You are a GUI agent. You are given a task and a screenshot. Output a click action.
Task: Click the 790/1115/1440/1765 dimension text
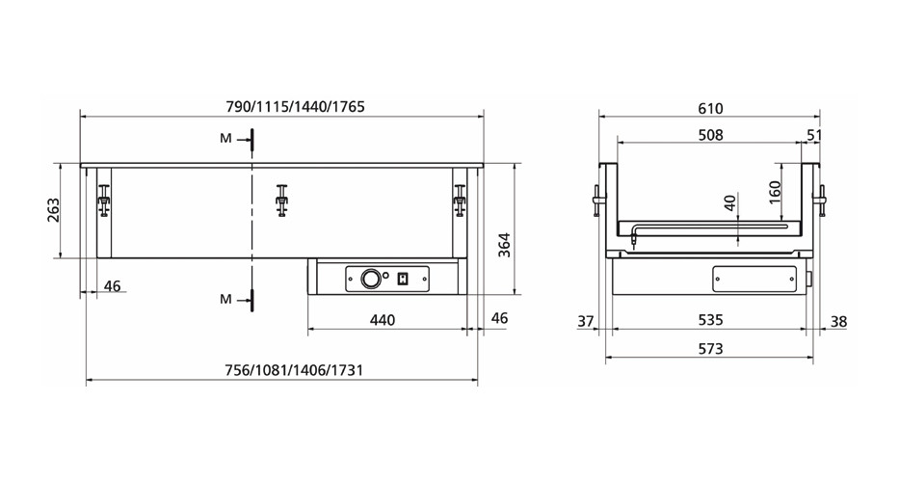coord(295,107)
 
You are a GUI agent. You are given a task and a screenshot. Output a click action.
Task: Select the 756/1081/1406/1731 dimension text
coord(293,370)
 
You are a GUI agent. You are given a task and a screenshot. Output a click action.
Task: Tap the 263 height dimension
coord(53,211)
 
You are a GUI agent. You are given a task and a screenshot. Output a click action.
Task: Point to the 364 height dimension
coord(504,245)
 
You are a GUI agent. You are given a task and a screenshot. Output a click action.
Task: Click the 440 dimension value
coord(382,320)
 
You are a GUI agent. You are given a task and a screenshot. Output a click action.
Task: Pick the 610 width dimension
coord(710,108)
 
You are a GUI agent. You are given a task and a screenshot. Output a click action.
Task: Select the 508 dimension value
coord(710,135)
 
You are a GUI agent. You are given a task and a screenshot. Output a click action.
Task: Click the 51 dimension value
coord(813,135)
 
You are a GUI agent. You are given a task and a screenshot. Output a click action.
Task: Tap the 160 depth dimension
coord(775,193)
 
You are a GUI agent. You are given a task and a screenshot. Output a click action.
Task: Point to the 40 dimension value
coord(729,203)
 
